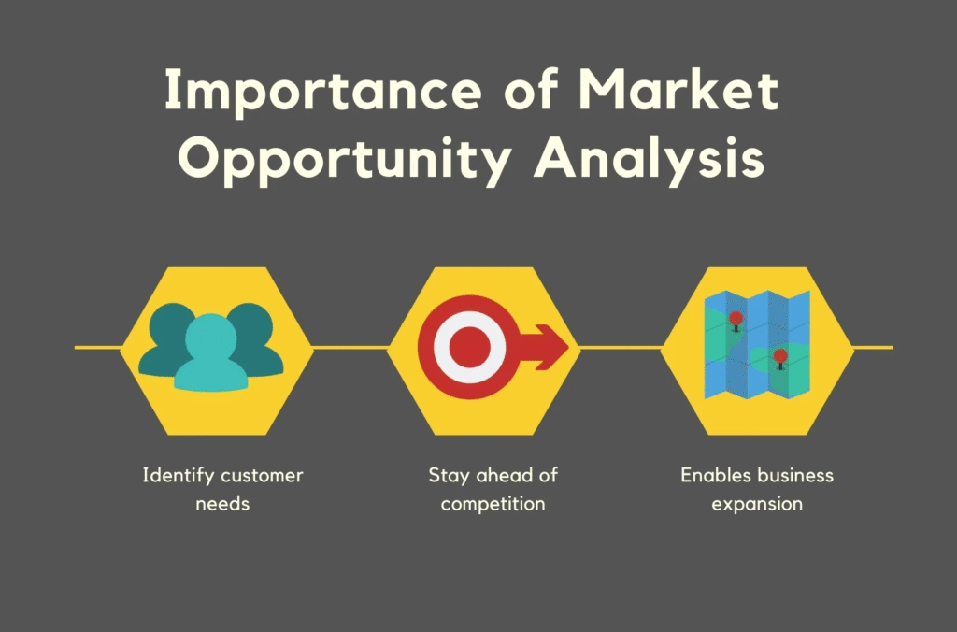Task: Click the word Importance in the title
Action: pos(322,91)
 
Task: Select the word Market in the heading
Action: pos(678,90)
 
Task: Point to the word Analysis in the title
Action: pos(650,158)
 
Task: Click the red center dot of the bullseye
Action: pos(469,347)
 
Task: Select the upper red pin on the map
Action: pos(736,321)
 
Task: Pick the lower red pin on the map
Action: pos(780,358)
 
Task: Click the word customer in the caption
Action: pos(262,476)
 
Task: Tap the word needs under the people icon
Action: pos(222,504)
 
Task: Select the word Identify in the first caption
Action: pos(179,476)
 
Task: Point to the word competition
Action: pos(493,504)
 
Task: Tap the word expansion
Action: pos(757,504)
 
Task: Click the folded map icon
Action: pos(757,345)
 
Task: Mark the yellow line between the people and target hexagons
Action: pos(350,348)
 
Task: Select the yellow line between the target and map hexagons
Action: pos(621,348)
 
